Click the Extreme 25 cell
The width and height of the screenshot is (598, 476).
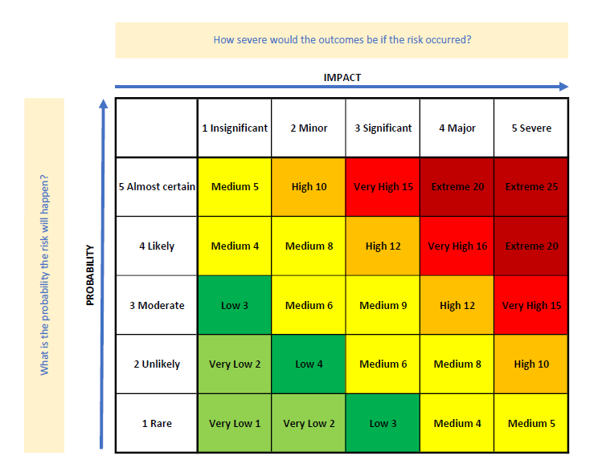(531, 187)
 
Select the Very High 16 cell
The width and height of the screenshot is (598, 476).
(457, 246)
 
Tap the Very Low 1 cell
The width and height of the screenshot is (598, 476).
(235, 424)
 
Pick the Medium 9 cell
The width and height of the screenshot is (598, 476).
(383, 305)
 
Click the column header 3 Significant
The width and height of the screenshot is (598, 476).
(383, 128)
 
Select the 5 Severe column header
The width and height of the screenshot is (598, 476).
(531, 128)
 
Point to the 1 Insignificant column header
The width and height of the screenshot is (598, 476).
(235, 128)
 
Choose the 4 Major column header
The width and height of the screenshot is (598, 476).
(457, 128)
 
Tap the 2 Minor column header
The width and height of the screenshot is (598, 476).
(309, 128)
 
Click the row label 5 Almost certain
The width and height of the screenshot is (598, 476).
(157, 187)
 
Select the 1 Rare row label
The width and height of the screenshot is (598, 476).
(157, 424)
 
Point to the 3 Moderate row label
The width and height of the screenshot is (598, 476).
(157, 305)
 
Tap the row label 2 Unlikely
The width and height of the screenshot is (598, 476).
(157, 364)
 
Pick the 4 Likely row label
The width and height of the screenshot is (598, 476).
(157, 246)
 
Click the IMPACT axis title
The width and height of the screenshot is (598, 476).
(342, 77)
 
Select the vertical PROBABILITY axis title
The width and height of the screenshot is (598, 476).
(90, 275)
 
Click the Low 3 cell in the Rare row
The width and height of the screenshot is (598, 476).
(383, 424)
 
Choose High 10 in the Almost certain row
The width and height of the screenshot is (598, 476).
(309, 187)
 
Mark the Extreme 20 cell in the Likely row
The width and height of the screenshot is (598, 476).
(531, 246)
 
